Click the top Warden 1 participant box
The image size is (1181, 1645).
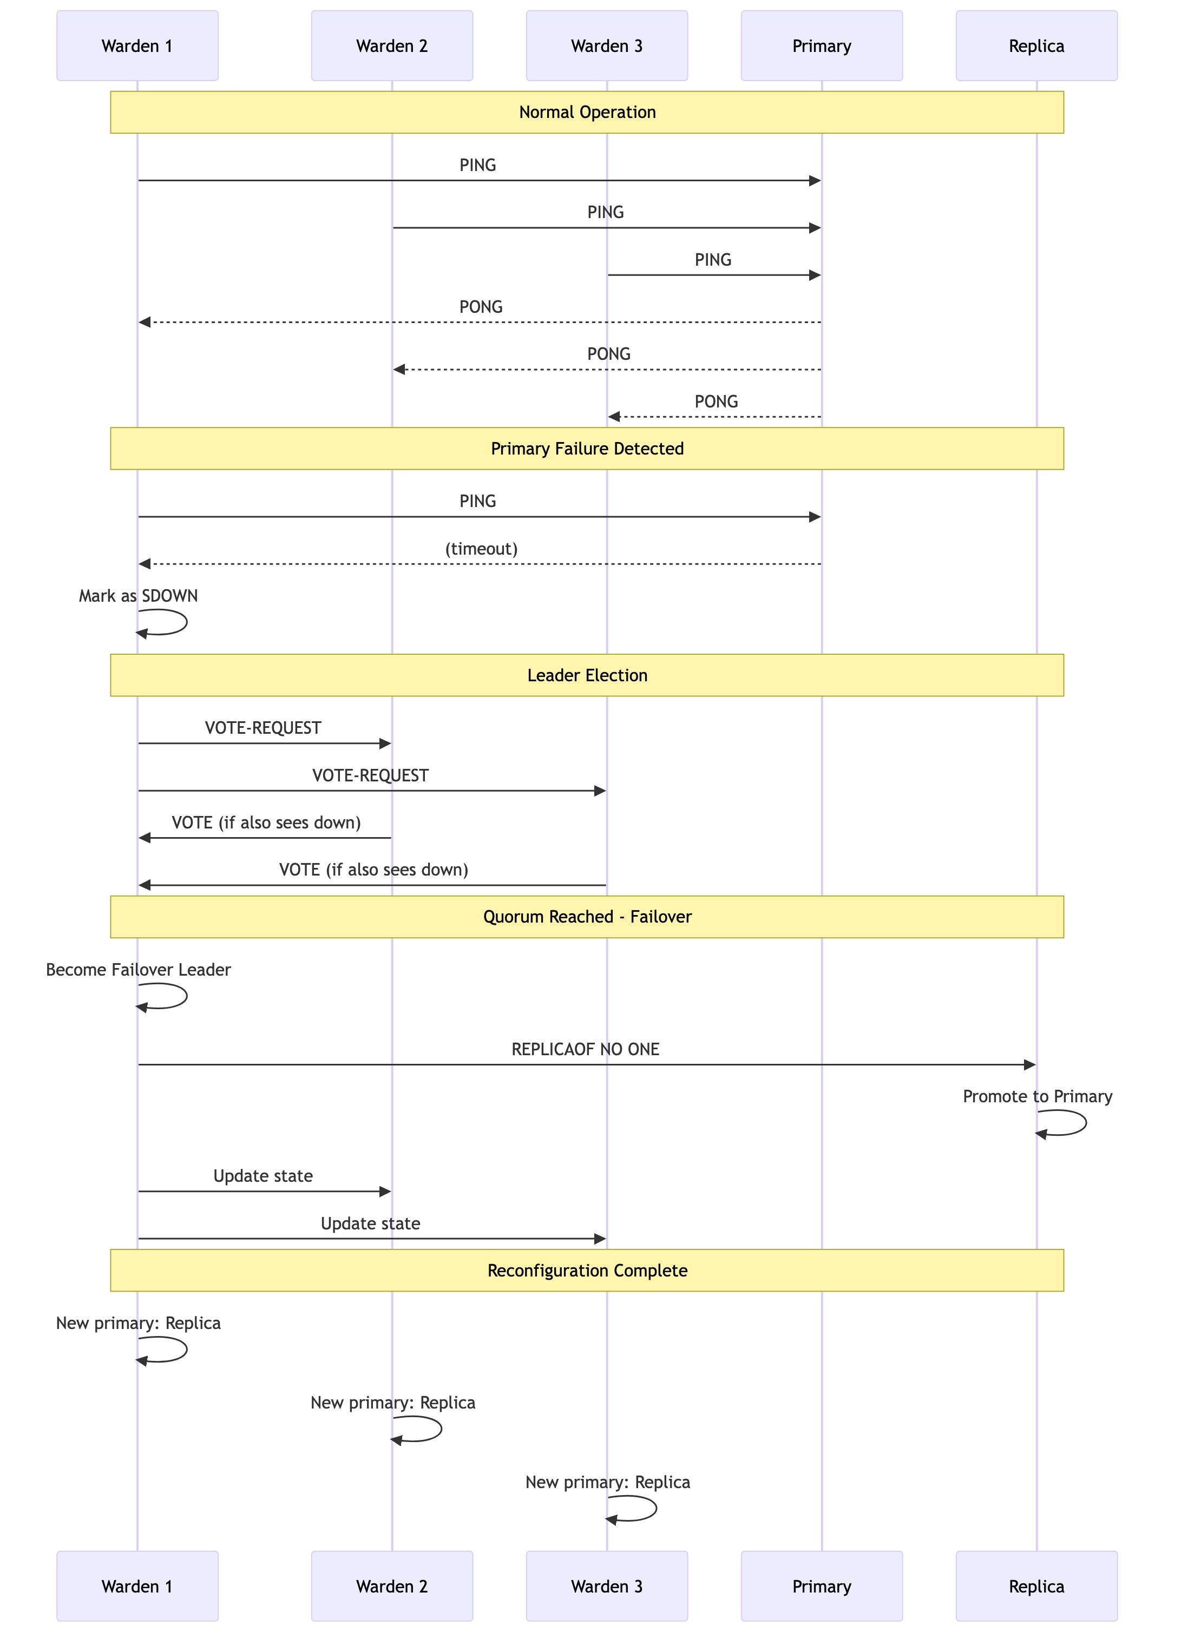[x=137, y=45]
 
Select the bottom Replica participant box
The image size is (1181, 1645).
[x=1036, y=1586]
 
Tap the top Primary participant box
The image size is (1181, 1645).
[x=821, y=45]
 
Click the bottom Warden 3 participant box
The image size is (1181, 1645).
[x=606, y=1586]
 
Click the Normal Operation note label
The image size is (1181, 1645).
[x=587, y=113]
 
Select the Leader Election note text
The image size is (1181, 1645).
[x=587, y=675]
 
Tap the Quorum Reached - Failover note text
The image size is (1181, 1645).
[x=587, y=917]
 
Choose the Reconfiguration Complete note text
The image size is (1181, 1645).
[x=587, y=1271]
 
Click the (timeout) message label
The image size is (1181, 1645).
[x=481, y=549]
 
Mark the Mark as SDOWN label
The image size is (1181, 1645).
[x=138, y=596]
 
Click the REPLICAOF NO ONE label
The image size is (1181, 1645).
[x=586, y=1050]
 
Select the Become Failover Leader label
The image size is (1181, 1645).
[x=138, y=970]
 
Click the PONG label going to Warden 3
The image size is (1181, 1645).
[x=716, y=402]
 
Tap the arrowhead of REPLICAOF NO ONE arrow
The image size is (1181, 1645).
[x=1029, y=1065]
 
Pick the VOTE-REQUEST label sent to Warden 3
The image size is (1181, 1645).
[x=370, y=776]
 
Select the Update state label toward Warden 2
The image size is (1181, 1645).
[x=263, y=1176]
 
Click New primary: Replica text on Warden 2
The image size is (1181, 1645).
[x=392, y=1403]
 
